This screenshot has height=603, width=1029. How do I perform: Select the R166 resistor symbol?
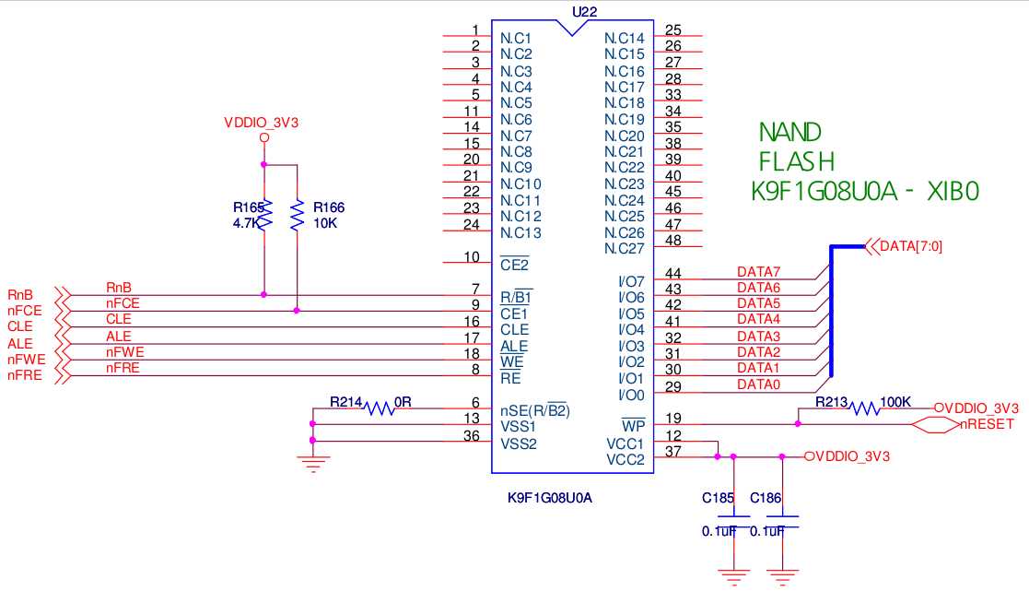(x=297, y=216)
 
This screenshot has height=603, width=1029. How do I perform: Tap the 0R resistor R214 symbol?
(x=379, y=407)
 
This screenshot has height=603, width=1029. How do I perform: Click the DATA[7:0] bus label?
(x=911, y=246)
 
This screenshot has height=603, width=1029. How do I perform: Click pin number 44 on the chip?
(x=672, y=273)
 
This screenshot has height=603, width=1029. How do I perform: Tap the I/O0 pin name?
(x=631, y=395)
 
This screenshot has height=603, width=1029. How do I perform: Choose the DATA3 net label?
(x=758, y=337)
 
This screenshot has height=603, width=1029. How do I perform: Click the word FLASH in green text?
(x=797, y=161)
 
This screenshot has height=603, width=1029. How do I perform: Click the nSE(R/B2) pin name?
(x=535, y=410)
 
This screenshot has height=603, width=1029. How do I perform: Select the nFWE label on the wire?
(x=124, y=352)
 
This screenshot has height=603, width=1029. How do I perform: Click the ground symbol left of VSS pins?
(x=313, y=464)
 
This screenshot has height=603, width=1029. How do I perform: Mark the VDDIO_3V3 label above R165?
(x=262, y=122)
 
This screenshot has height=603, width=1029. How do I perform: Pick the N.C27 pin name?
(x=624, y=249)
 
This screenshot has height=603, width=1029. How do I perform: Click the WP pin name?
(x=633, y=426)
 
